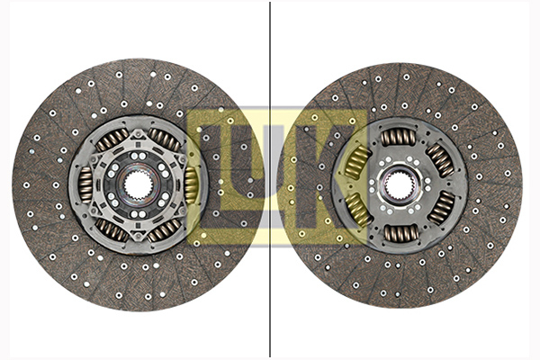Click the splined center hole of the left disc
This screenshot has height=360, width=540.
pyautogui.click(x=137, y=184)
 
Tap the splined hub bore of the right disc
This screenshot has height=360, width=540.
pyautogui.click(x=399, y=185)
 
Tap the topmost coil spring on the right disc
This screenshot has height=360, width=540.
pyautogui.click(x=398, y=137)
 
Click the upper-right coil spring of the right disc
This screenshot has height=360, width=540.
pyautogui.click(x=441, y=160)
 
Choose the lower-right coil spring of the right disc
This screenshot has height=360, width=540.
pyautogui.click(x=442, y=209)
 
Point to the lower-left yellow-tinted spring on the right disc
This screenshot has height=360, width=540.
pyautogui.click(x=356, y=210)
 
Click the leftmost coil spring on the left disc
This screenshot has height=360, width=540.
pyautogui.click(x=85, y=184)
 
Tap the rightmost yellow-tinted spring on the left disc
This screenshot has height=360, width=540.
pyautogui.click(x=191, y=184)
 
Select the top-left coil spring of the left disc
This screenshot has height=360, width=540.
pyautogui.click(x=112, y=139)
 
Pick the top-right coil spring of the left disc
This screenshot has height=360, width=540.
pyautogui.click(x=164, y=139)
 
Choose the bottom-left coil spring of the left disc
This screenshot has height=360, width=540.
pyautogui.click(x=112, y=229)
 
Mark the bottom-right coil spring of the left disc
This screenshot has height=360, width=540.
pyautogui.click(x=164, y=229)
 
